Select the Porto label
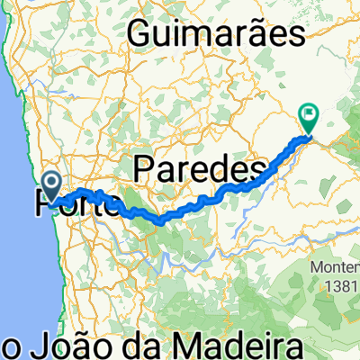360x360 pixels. (76, 206)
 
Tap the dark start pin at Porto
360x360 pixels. (54, 184)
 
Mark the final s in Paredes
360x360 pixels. (262, 169)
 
